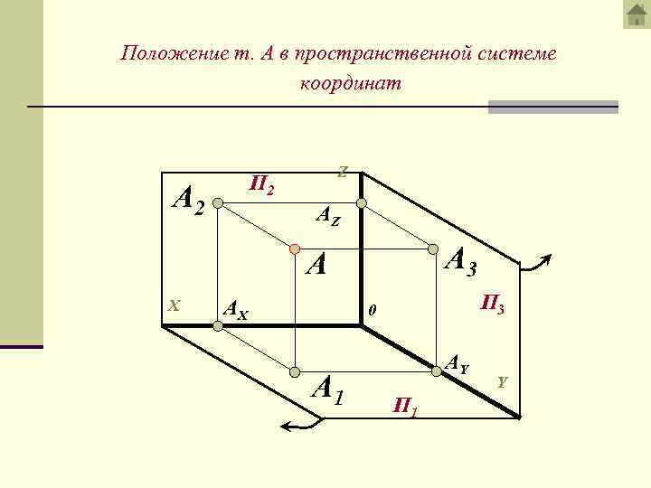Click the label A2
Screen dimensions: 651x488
point(191,201)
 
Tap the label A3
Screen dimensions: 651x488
point(462,261)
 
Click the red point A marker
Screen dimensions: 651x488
point(295,248)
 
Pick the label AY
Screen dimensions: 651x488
point(458,366)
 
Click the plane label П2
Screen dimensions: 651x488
point(263,186)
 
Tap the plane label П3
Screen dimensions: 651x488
point(492,305)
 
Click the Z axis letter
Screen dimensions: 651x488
point(343,171)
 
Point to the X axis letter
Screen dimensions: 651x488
point(175,305)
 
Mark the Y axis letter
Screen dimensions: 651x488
point(503,382)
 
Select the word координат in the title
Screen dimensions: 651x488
point(349,83)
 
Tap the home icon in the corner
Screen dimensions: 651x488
point(637,14)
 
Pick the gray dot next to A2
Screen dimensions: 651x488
point(218,204)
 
